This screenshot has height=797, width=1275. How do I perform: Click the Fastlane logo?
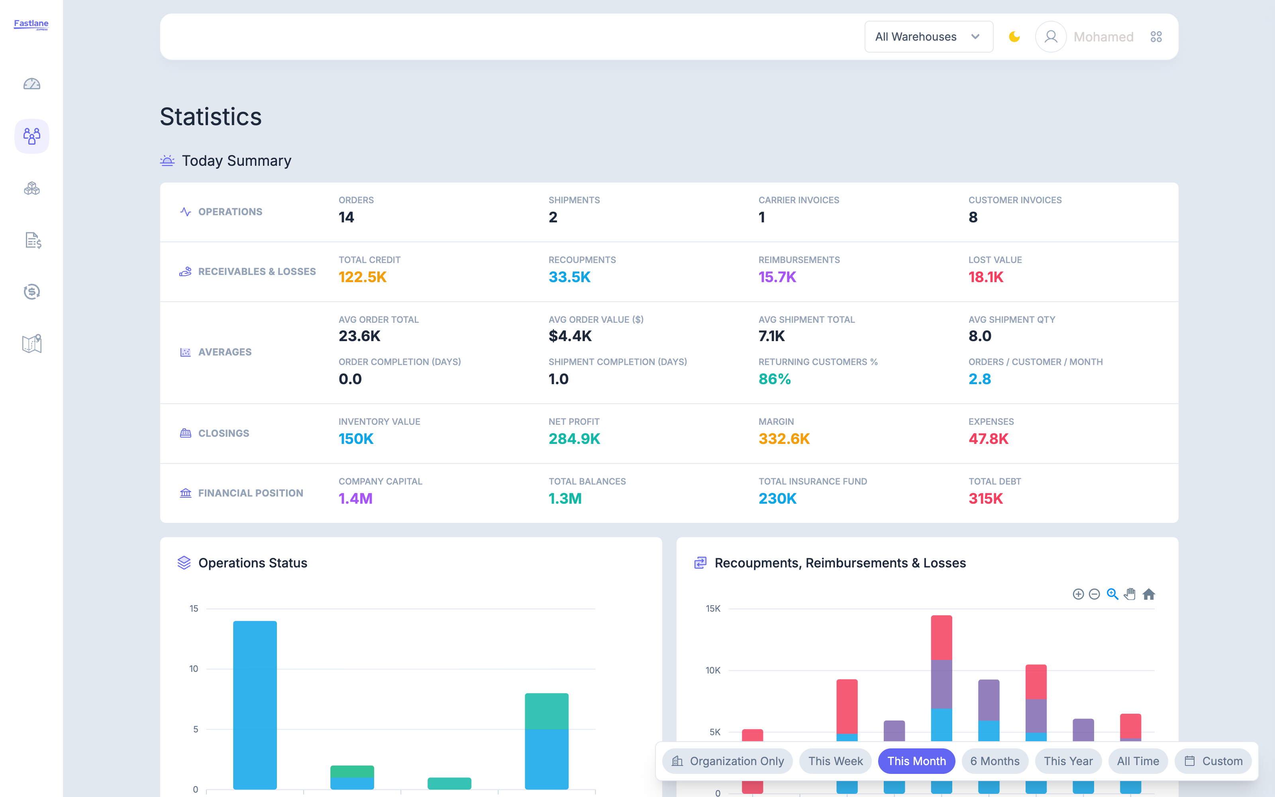click(31, 24)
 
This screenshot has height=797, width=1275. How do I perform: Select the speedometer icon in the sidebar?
click(31, 84)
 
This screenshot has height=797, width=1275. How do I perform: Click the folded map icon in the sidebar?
click(31, 344)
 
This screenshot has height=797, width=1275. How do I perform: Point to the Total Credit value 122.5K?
click(363, 277)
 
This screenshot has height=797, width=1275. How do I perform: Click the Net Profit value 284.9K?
click(574, 439)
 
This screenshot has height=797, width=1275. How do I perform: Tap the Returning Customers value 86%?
click(775, 379)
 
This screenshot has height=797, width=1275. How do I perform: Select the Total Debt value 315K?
click(985, 499)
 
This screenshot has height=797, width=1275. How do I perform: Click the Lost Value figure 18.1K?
click(986, 277)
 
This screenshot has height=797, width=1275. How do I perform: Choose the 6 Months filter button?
click(995, 761)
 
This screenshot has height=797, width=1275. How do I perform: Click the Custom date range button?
click(1213, 761)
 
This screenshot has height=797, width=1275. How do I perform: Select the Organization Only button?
click(728, 761)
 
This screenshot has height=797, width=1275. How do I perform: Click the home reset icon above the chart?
click(1149, 595)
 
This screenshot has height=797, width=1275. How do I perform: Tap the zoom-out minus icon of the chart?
click(1094, 595)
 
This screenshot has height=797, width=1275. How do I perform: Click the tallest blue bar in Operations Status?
click(255, 705)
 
